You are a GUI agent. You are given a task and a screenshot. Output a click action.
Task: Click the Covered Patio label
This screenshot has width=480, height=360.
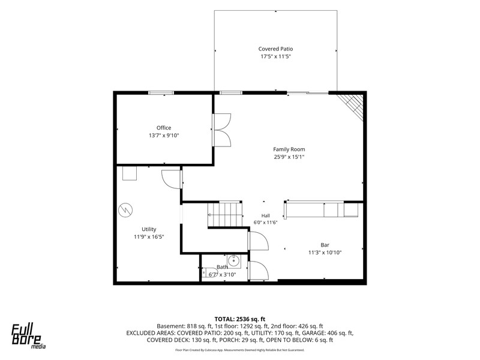coord(275,49)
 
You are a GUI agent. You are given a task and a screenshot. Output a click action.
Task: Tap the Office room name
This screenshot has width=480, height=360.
coord(164,128)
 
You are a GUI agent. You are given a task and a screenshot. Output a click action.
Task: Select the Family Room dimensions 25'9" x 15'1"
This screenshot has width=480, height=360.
coord(289,157)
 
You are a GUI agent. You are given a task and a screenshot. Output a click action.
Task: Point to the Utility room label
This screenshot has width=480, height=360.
coord(149,229)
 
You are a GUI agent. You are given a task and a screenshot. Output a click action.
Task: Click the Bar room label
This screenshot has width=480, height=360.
coord(325,245)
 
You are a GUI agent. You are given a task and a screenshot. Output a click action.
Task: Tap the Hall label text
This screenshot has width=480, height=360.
coord(265,215)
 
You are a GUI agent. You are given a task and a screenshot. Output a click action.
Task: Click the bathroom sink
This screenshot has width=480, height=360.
coord(233,261)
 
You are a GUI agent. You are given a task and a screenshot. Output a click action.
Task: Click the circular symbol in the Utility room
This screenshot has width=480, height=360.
coord(125,210)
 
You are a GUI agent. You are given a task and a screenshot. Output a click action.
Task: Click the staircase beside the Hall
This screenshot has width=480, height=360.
coord(225,214)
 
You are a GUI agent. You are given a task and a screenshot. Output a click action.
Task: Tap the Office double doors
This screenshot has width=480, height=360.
coord(221,130)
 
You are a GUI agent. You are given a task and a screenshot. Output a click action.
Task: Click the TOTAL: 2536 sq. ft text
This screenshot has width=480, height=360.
coord(239,319)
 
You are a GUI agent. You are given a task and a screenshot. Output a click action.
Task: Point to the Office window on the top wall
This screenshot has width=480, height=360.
coord(161,93)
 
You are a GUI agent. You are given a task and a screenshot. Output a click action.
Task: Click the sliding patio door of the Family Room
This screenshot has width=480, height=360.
coord(308,93)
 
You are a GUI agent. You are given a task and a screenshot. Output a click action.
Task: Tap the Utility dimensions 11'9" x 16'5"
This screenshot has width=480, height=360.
coord(149,236)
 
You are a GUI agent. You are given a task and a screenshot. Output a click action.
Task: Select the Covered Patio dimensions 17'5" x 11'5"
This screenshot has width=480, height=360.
coord(275,56)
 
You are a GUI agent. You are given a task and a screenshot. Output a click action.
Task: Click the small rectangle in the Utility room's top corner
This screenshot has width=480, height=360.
coord(130,173)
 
